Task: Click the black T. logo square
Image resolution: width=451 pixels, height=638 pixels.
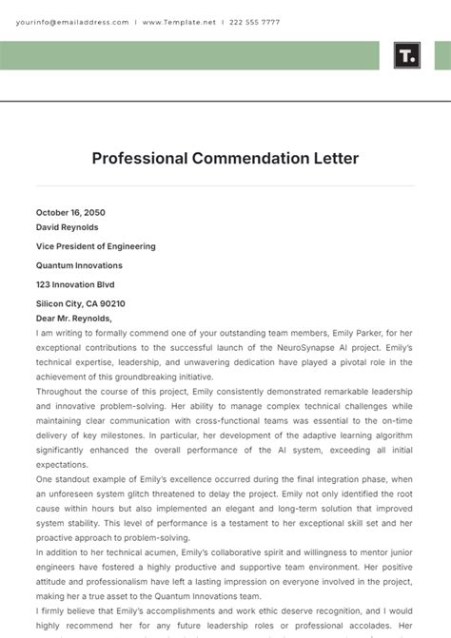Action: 406,55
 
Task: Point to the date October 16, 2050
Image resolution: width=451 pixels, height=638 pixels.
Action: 70,213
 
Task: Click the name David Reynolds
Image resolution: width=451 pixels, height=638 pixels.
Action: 67,227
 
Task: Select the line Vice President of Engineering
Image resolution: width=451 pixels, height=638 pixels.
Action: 95,246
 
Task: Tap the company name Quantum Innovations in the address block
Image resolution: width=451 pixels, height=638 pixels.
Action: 79,265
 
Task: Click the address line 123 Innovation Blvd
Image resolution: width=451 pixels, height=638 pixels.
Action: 74,284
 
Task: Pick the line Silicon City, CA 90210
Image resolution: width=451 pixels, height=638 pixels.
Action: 80,303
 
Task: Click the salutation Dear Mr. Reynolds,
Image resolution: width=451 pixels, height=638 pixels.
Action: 74,319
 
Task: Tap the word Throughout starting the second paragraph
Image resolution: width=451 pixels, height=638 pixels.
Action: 60,391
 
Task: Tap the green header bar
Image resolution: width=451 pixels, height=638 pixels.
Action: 190,55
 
